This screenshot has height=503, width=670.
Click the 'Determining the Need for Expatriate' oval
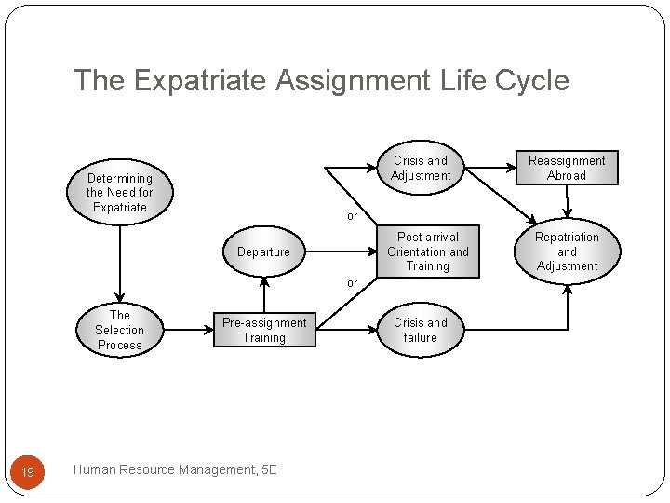click(120, 193)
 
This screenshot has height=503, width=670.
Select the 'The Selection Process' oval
click(120, 330)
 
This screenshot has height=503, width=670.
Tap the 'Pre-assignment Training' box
click(264, 331)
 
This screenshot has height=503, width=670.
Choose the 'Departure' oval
click(263, 251)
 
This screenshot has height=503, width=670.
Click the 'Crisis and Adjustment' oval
click(421, 168)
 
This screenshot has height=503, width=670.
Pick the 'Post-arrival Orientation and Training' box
click(428, 251)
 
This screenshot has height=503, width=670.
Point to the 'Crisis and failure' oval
click(421, 331)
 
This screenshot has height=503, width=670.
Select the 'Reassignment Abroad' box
click(567, 168)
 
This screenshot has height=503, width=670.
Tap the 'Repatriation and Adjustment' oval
click(567, 251)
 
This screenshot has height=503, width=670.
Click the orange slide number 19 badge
click(28, 472)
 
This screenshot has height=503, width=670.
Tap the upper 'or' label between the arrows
click(352, 216)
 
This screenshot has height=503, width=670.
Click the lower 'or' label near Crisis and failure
click(352, 282)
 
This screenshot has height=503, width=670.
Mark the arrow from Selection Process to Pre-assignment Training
click(185, 330)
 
